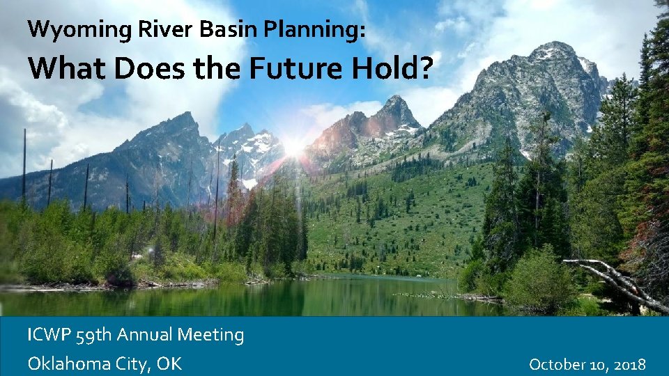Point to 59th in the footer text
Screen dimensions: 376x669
click(93, 336)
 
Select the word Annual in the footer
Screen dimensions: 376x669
click(145, 336)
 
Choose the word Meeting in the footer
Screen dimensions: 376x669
click(210, 336)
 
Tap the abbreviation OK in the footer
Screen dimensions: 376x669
click(170, 363)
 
